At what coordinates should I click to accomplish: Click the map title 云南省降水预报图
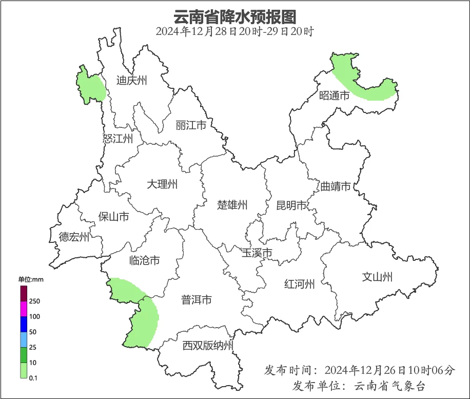[235, 16]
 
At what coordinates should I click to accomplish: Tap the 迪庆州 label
[131, 80]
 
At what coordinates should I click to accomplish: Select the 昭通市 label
[334, 95]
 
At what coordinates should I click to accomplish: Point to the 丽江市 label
[191, 125]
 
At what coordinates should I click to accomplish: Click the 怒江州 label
[117, 139]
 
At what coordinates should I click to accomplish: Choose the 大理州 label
[162, 184]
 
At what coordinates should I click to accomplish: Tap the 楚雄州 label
[232, 205]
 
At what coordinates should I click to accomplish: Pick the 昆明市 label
[291, 205]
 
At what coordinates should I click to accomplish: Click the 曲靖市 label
[336, 186]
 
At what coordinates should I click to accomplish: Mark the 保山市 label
[113, 217]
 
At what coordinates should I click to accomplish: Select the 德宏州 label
[74, 237]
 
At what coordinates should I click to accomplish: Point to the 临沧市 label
[144, 260]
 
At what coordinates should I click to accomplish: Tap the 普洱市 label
[197, 300]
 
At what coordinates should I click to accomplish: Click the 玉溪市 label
[257, 253]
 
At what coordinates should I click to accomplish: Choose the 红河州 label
[300, 284]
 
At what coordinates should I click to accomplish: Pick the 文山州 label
[377, 277]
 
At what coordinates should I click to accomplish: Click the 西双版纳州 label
[208, 346]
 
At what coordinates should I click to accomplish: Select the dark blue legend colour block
[24, 324]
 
